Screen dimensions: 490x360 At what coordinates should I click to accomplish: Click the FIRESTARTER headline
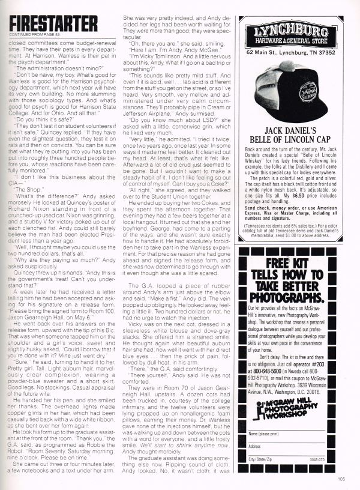[53, 23]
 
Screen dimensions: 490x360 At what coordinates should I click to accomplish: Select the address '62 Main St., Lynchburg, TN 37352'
[289, 52]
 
